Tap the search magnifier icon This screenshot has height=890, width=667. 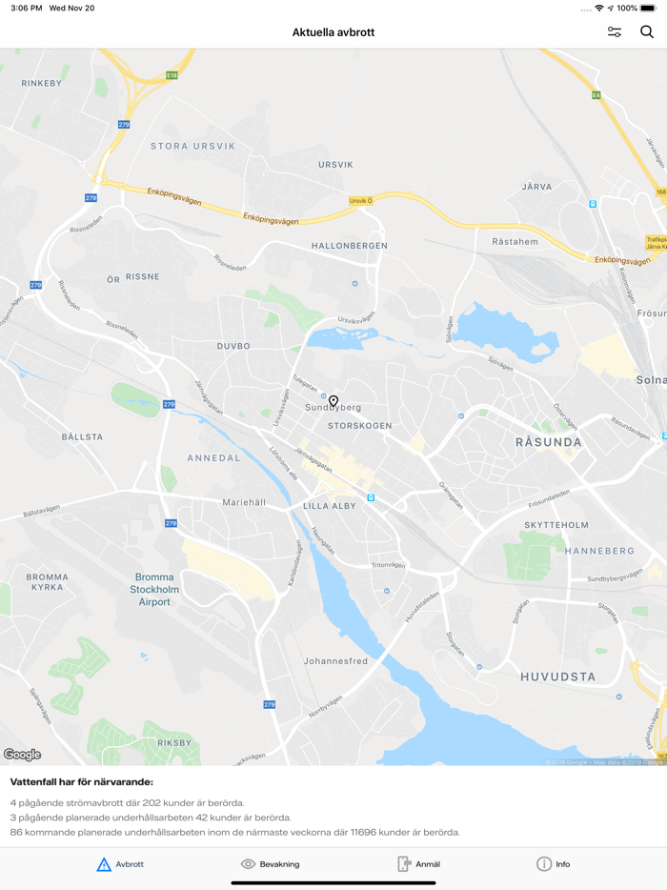[x=647, y=32]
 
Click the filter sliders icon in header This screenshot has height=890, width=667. [x=615, y=32]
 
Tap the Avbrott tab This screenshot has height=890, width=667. [x=120, y=864]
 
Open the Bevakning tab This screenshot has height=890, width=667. [x=271, y=864]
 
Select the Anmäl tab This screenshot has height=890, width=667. [x=418, y=864]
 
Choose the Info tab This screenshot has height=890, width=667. [x=554, y=864]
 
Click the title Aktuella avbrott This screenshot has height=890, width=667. [x=333, y=32]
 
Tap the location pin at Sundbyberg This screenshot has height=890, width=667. [x=333, y=402]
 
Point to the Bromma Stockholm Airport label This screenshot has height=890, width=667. [x=154, y=589]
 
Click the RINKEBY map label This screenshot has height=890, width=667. [x=41, y=84]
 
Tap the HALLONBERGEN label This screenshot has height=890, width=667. [x=350, y=246]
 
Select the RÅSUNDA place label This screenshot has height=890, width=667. [x=548, y=442]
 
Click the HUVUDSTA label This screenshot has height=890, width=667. [x=558, y=678]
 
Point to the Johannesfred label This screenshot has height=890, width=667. [x=335, y=661]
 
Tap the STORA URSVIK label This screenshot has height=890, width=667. [x=192, y=146]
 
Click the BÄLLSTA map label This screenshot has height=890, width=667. [x=82, y=436]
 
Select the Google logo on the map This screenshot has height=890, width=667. [x=22, y=755]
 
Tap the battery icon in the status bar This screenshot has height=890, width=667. [x=648, y=8]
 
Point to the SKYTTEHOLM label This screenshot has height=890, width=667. [x=556, y=525]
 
